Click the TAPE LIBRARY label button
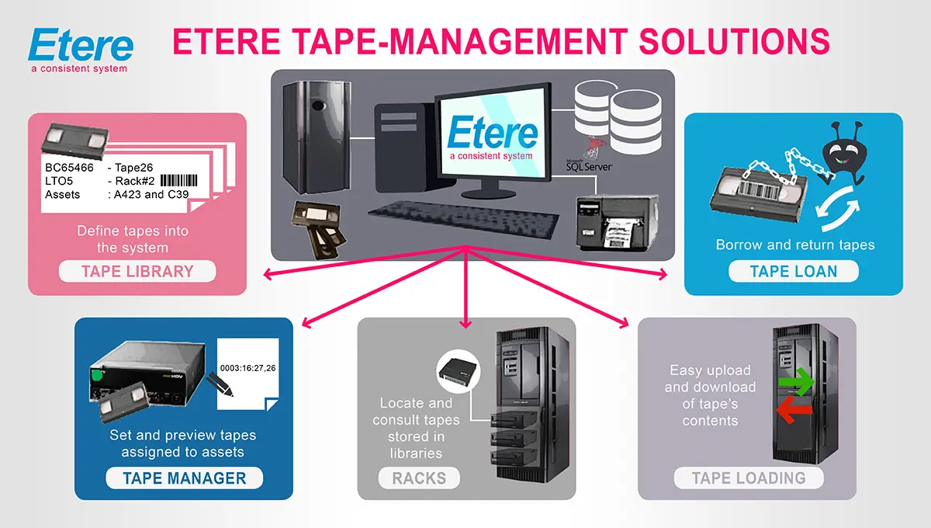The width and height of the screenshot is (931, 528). (x=137, y=272)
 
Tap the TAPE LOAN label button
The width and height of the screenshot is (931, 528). (x=793, y=271)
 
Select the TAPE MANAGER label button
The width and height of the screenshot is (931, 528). (x=184, y=478)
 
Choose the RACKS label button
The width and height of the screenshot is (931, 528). (x=419, y=478)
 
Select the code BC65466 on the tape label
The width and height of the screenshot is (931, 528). (x=67, y=166)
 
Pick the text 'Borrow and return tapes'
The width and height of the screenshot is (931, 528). (x=794, y=245)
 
